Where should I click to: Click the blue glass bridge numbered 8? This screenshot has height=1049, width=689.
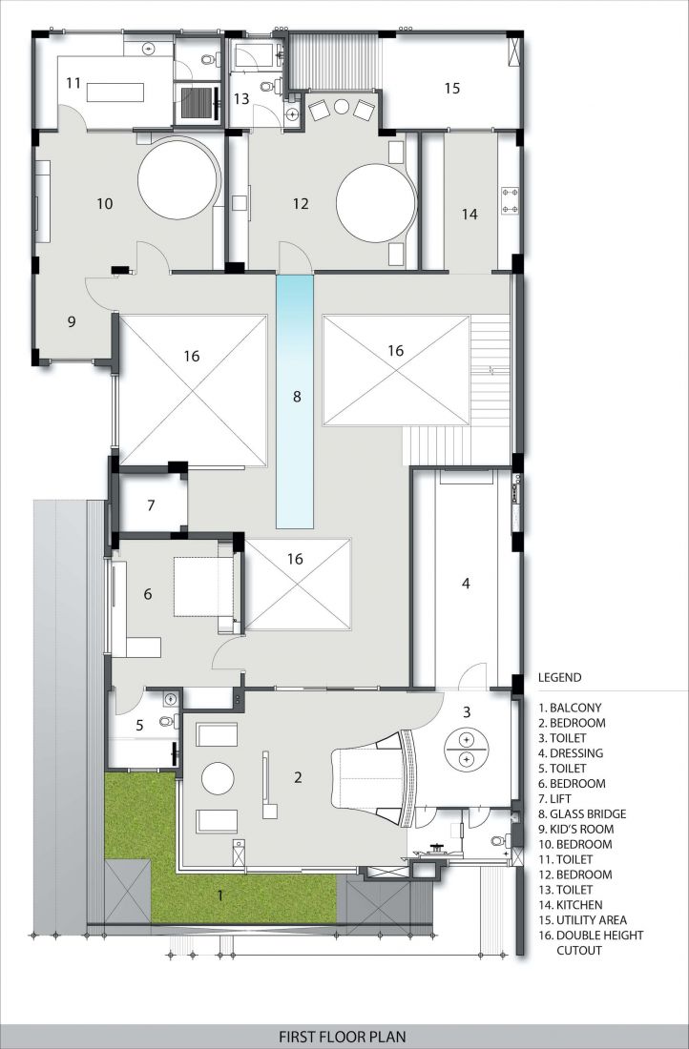tap(295, 402)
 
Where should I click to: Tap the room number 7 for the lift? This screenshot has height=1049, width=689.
tap(151, 505)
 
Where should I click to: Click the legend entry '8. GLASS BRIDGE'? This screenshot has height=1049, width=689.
tap(582, 813)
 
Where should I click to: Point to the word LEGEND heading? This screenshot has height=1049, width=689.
tap(560, 677)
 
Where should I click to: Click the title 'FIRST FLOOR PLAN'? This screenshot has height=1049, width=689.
tap(343, 1037)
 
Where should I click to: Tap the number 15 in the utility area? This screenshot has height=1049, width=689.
tap(452, 88)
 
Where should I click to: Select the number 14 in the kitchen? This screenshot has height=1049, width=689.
tap(470, 214)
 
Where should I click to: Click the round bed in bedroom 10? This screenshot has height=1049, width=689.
tap(178, 178)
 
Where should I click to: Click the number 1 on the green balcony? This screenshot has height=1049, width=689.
tap(221, 895)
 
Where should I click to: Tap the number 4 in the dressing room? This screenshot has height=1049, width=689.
tap(466, 584)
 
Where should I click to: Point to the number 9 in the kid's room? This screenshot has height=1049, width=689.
tap(72, 321)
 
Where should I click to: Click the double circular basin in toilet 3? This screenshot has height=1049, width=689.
tap(467, 749)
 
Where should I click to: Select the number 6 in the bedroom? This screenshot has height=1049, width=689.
tap(148, 594)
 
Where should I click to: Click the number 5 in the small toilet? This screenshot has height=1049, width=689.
tap(139, 725)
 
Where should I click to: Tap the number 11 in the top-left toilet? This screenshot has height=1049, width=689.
tap(73, 83)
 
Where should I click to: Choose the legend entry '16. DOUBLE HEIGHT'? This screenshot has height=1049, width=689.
tap(592, 936)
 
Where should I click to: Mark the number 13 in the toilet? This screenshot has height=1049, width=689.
tap(241, 99)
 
